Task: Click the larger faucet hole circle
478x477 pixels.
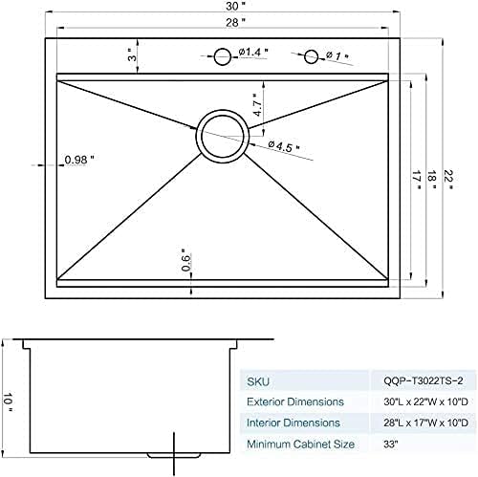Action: [222, 55]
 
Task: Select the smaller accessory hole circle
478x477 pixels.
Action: [312, 57]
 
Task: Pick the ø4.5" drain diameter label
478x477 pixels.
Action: [285, 145]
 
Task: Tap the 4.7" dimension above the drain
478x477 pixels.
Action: [257, 104]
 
